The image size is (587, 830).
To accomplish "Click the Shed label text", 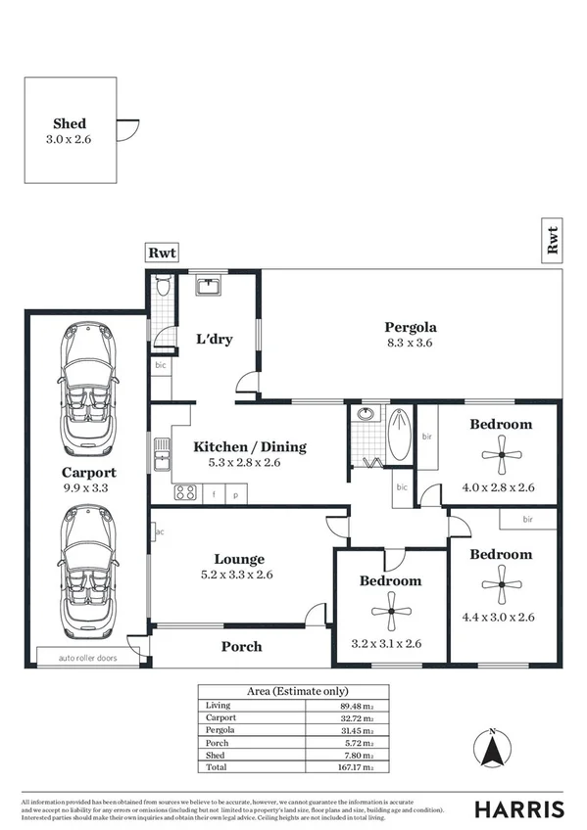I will point(69,124).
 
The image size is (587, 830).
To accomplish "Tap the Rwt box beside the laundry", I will point(162,254).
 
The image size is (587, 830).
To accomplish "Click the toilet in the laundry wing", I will point(164,287).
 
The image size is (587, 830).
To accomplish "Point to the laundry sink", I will point(207,286).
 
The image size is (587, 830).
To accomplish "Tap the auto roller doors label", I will point(86,658).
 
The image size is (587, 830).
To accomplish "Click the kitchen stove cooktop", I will point(184,493).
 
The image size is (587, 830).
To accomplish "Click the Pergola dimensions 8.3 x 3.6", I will point(410,344).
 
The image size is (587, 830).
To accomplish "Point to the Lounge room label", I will point(240,559).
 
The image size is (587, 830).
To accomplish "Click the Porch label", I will point(241,646).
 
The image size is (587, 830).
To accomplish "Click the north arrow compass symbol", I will point(495,750).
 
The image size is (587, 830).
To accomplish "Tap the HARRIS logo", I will point(519,808).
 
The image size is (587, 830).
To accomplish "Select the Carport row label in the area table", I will point(220,717).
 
